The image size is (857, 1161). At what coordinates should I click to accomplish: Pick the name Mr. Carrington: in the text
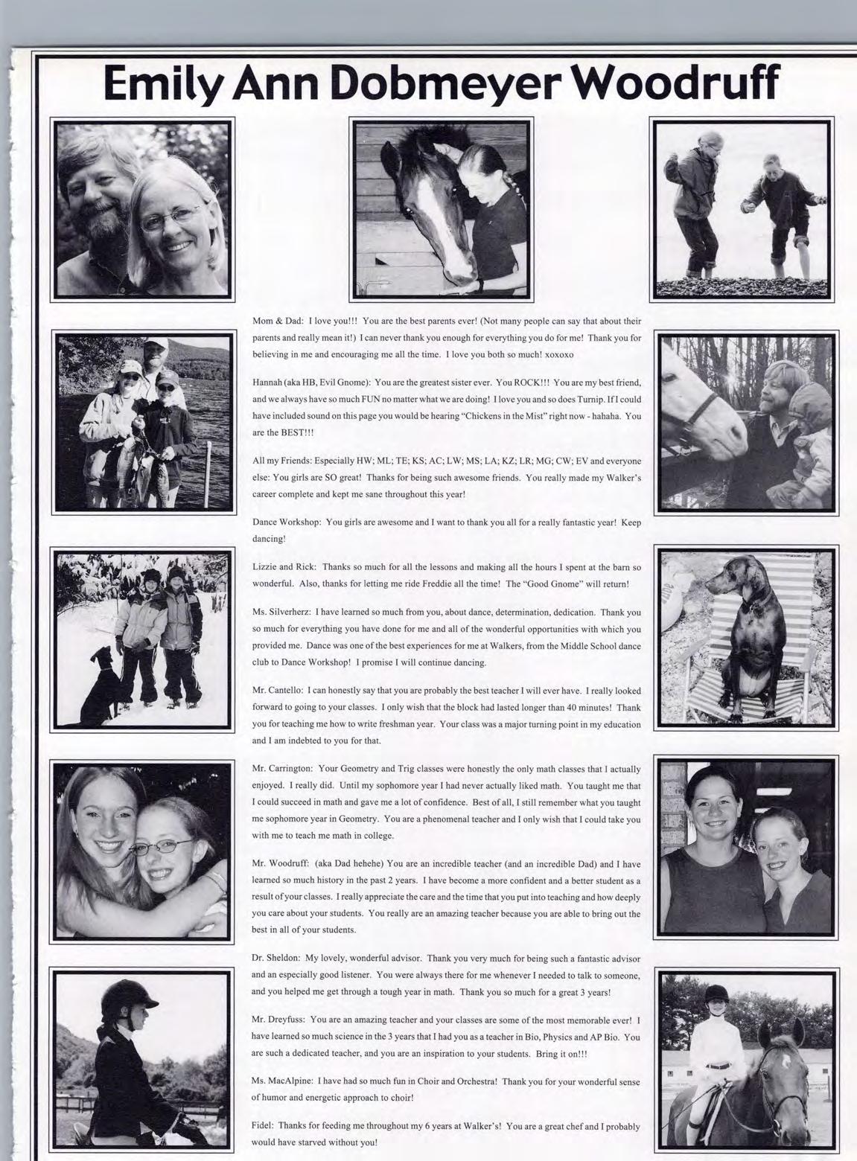coord(284,768)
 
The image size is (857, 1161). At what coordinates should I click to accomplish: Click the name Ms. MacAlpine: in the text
coord(282,1081)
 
